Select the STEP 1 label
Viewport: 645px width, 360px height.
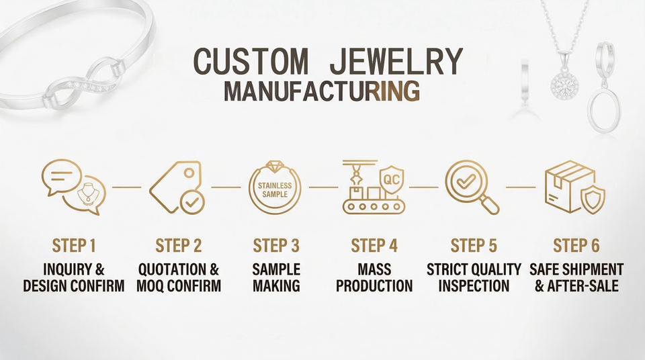(x=74, y=245)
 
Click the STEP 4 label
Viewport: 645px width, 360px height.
(x=374, y=245)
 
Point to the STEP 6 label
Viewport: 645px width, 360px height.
(x=576, y=245)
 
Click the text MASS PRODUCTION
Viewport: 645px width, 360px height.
(x=374, y=277)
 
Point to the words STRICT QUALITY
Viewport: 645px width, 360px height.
(x=474, y=269)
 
